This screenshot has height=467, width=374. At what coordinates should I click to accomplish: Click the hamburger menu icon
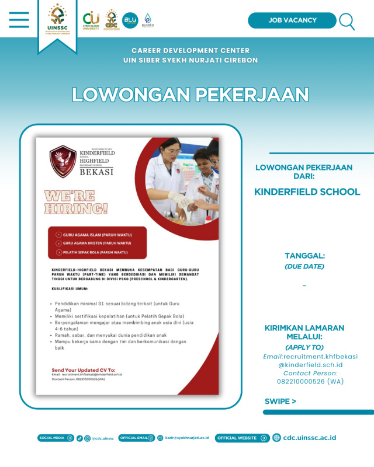coord(19,20)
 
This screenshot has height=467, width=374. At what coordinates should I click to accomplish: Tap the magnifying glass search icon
coord(347,22)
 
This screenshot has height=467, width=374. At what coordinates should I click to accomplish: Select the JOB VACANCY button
coord(292,20)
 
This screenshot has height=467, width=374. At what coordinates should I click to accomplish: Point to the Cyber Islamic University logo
coord(91,21)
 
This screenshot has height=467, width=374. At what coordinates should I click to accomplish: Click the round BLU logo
coord(130,20)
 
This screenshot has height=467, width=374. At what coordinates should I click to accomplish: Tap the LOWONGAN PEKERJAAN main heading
coord(190,95)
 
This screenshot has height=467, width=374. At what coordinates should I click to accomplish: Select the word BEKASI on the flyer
coord(97,172)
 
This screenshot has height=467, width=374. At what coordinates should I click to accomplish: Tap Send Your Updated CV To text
coord(84,370)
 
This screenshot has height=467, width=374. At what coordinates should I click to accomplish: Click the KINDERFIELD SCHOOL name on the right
coord(307,191)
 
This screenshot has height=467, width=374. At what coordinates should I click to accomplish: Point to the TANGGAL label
coord(304,256)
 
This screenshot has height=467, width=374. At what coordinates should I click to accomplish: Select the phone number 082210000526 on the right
coord(310,381)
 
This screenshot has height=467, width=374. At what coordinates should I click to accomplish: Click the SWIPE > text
coord(280,401)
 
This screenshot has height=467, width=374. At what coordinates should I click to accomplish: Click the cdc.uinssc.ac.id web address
coord(309,438)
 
